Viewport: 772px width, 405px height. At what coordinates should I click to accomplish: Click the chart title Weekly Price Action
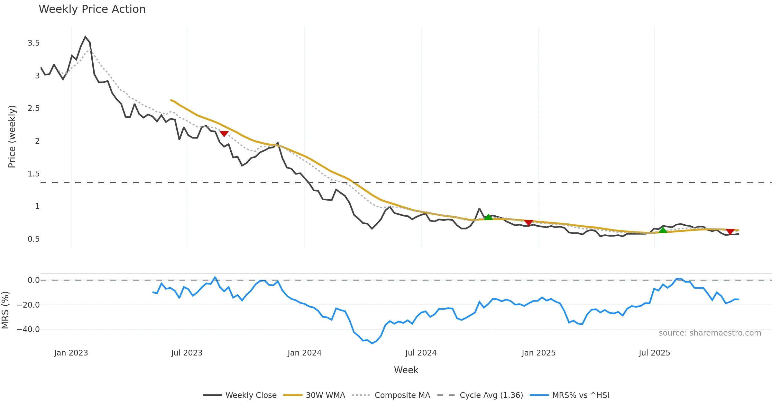[92, 9]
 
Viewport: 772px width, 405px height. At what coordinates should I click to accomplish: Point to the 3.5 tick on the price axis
[33, 43]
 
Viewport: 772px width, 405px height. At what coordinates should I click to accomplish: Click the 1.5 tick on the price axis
[33, 174]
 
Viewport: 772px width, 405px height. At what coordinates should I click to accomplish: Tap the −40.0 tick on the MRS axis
[28, 329]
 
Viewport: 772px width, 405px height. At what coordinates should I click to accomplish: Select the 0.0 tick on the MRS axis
[33, 280]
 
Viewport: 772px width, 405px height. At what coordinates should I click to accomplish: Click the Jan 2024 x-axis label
[304, 353]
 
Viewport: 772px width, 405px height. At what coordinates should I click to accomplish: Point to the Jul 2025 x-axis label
[654, 353]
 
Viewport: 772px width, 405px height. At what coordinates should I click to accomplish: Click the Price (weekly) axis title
[12, 137]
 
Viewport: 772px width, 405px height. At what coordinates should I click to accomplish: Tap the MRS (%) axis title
[5, 310]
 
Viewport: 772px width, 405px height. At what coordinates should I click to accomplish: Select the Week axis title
[406, 370]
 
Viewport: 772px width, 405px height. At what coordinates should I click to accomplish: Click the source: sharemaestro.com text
[710, 333]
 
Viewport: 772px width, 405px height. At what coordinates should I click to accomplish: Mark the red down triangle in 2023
[224, 133]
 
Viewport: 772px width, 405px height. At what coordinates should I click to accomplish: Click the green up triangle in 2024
[488, 217]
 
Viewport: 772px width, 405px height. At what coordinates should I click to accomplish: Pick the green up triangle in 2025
[663, 230]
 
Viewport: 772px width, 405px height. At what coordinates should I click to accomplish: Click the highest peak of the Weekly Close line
[85, 37]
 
